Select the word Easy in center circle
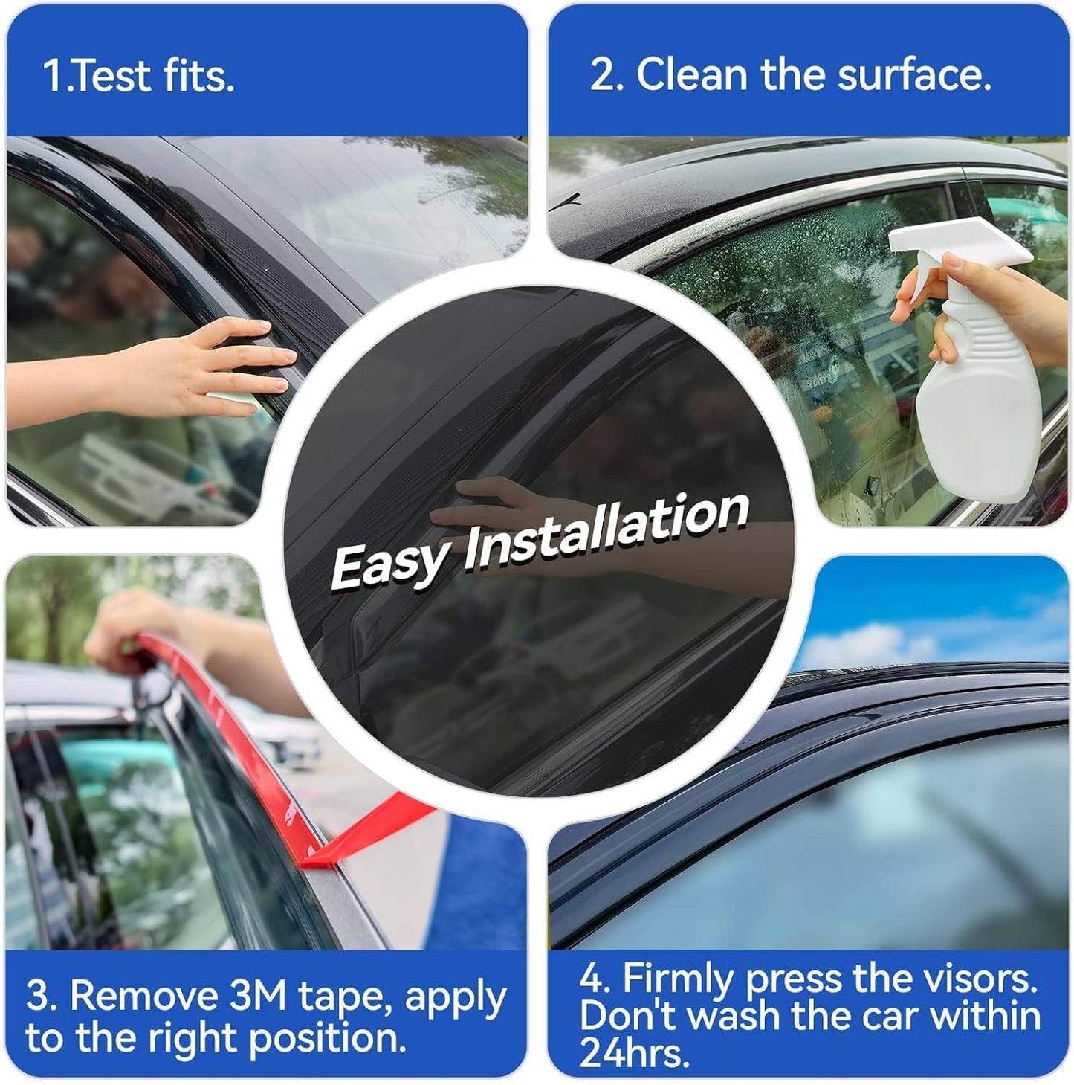[x=390, y=563]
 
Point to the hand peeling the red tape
[x=126, y=625]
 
